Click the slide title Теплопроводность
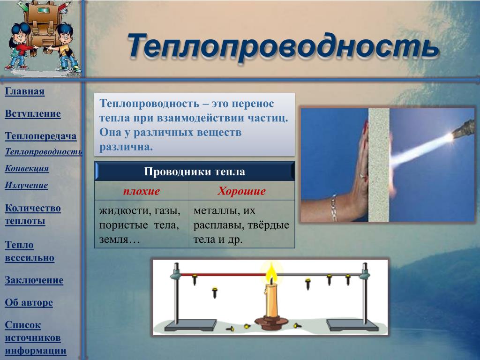coord(283,46)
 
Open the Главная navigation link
coord(25,91)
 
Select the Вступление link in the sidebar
coord(33,113)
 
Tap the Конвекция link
coord(27,168)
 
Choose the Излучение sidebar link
coord(26,185)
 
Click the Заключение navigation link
coord(34,280)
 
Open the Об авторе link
coord(29,302)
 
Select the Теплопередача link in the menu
coord(41,136)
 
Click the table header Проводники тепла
coord(195,172)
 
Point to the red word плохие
coord(142,191)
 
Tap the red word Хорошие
coord(241,191)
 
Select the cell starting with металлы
coord(241,225)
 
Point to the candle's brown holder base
coord(271,322)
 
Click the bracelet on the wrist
coord(334,208)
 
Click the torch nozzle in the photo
coord(464,128)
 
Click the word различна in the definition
coord(126,147)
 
